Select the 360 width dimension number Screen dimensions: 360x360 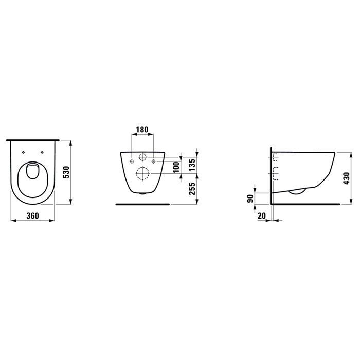click(x=32, y=217)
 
